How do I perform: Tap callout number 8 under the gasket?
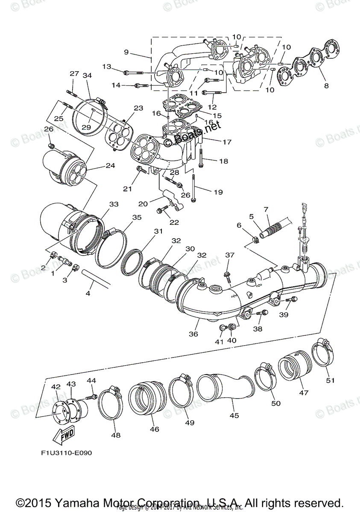click(326, 85)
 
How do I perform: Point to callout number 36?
click(193, 334)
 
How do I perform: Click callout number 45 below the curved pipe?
click(234, 415)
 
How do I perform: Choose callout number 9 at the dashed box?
click(126, 52)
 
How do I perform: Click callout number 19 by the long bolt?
click(218, 192)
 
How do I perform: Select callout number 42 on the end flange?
click(56, 387)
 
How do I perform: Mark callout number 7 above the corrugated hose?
click(266, 209)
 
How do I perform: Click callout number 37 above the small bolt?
click(230, 255)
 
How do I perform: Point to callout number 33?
click(114, 204)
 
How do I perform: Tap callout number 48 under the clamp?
click(116, 435)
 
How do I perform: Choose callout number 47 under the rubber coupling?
click(304, 393)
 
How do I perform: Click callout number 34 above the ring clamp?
click(88, 76)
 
